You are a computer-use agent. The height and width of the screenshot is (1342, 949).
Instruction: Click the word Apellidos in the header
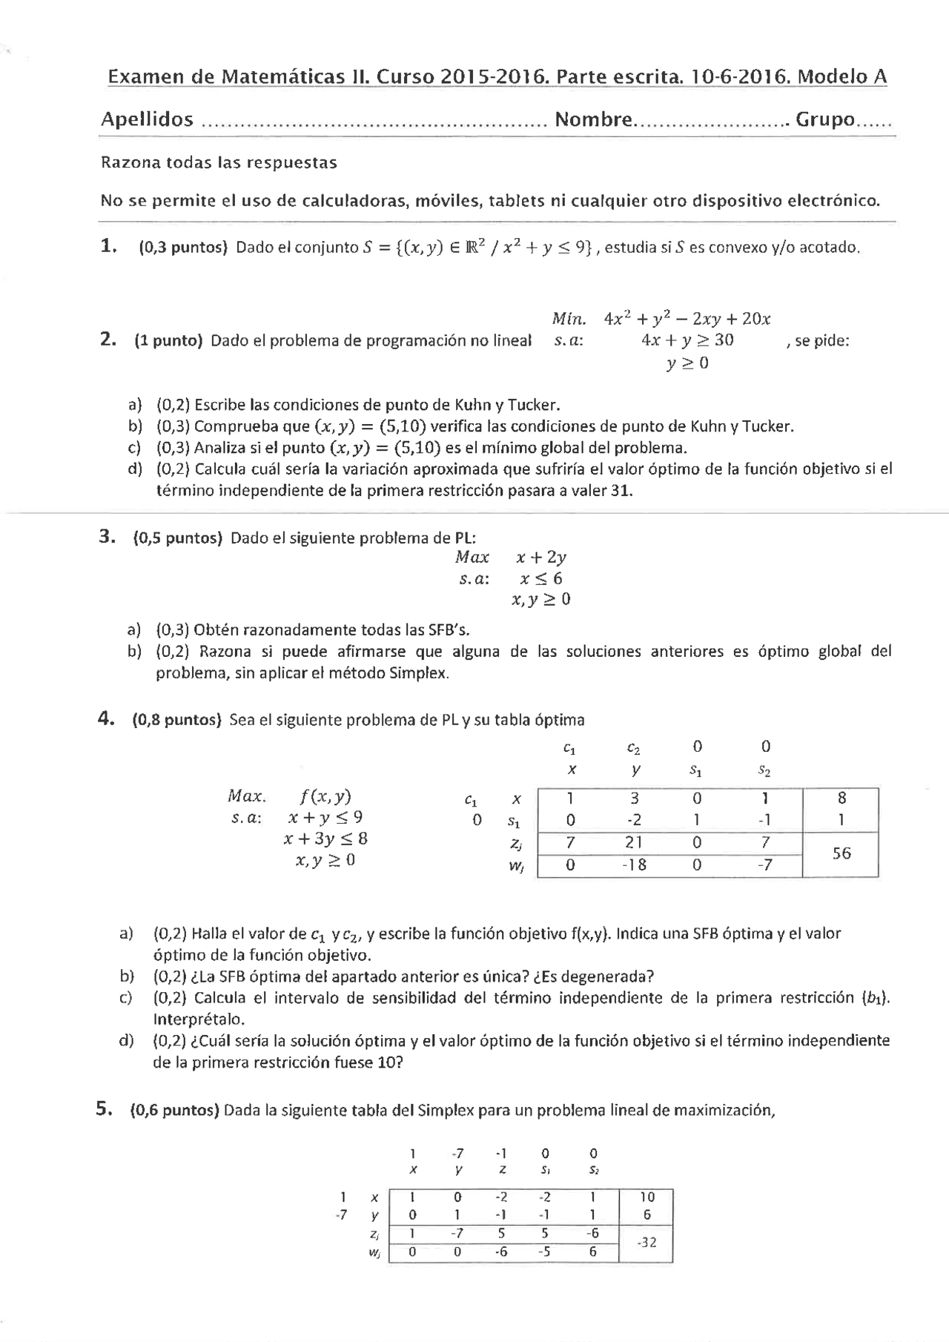click(147, 119)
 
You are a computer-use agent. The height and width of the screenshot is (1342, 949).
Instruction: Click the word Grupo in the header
click(824, 119)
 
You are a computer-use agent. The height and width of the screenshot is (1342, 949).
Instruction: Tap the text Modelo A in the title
click(842, 77)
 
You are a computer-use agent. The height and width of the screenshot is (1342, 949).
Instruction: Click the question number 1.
click(108, 246)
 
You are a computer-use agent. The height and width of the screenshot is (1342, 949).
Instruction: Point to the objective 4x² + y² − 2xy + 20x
click(687, 320)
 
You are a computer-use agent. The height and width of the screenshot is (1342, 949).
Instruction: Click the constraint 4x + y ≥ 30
click(687, 340)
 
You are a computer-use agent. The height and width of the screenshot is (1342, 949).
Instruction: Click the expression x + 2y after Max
click(541, 558)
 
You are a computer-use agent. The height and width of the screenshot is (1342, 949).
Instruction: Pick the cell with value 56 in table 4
click(841, 853)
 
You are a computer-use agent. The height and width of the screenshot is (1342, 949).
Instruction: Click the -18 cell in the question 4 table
click(634, 865)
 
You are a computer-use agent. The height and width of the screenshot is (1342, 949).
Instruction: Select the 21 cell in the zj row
click(634, 842)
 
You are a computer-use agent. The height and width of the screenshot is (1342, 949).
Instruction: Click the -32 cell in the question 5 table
click(646, 1242)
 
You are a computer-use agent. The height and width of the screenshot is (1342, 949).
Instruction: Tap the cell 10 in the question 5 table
click(647, 1197)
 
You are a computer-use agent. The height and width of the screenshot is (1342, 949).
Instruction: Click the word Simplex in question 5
click(446, 1111)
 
